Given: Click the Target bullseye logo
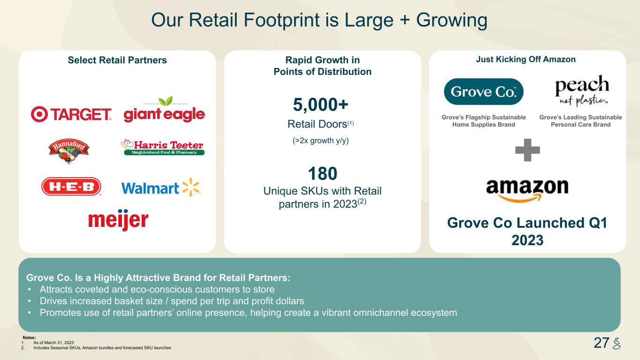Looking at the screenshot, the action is [x=39, y=114].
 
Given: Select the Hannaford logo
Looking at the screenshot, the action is [x=68, y=151].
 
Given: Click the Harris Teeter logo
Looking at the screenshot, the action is [x=163, y=148].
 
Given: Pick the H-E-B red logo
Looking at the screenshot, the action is [x=71, y=187].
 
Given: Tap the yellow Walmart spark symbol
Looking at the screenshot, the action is [x=191, y=187].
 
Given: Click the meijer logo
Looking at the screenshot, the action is [x=118, y=220].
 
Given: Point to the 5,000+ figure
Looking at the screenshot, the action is [x=321, y=104].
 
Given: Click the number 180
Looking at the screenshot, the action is [x=323, y=173].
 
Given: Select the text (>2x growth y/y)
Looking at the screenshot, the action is [x=321, y=141].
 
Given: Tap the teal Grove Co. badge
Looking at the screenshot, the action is [x=483, y=92].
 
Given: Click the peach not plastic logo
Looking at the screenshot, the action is [x=581, y=91].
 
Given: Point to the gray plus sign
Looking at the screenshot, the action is [x=527, y=150].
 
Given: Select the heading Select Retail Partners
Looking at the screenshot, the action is [x=117, y=60].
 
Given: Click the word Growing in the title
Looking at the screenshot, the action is [x=452, y=21].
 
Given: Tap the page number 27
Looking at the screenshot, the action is [x=602, y=343].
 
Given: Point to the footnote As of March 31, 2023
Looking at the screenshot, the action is [x=53, y=343].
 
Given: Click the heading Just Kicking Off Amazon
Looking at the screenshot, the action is [x=526, y=60].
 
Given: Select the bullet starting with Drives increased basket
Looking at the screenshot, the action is [x=172, y=301].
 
